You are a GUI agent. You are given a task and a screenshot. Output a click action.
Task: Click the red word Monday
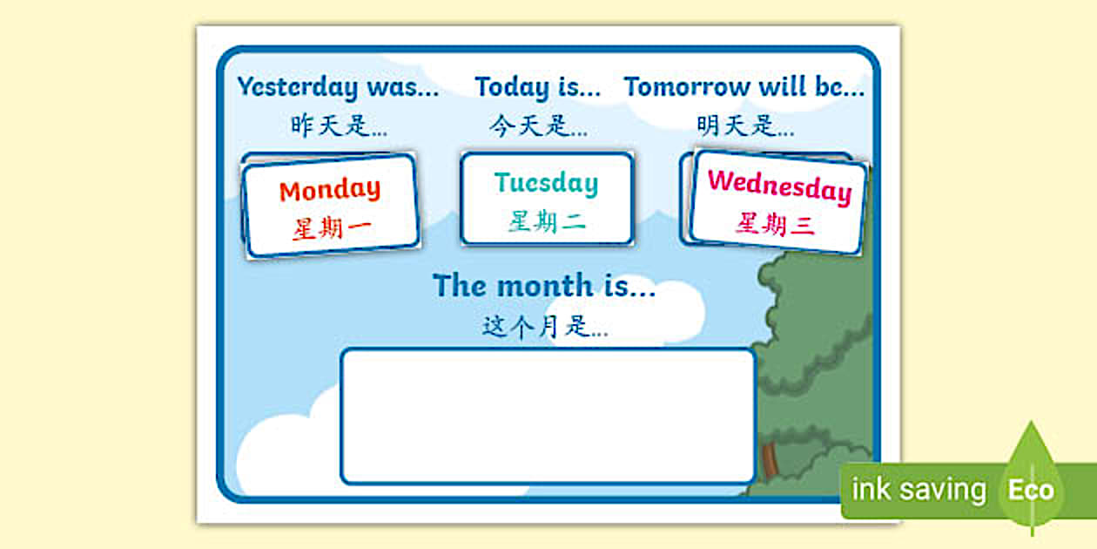[x=330, y=189]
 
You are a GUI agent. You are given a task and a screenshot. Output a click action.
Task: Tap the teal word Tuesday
[x=546, y=183]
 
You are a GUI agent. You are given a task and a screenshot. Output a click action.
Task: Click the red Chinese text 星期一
[x=331, y=229]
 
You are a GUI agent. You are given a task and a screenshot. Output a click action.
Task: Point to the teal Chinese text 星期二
[x=547, y=222]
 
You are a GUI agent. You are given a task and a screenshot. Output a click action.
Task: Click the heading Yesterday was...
[x=338, y=87]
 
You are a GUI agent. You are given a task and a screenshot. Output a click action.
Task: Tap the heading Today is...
[x=537, y=87]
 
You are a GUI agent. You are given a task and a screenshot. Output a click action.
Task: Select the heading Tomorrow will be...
[x=744, y=87]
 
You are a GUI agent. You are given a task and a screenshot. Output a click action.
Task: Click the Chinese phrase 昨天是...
[x=339, y=125]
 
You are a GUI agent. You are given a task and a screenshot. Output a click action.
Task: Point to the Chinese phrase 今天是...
[x=537, y=126]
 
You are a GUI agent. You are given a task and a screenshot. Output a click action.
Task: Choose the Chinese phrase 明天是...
[x=744, y=125]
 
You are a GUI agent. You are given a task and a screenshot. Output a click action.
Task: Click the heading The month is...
[x=544, y=286]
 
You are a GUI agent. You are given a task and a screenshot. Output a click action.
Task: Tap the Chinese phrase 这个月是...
[x=545, y=327]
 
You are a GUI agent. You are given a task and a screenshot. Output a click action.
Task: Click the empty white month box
[x=548, y=416]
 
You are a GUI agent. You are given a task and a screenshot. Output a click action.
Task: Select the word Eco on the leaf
[x=1031, y=490]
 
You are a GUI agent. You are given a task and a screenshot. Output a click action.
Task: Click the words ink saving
[x=919, y=490]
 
